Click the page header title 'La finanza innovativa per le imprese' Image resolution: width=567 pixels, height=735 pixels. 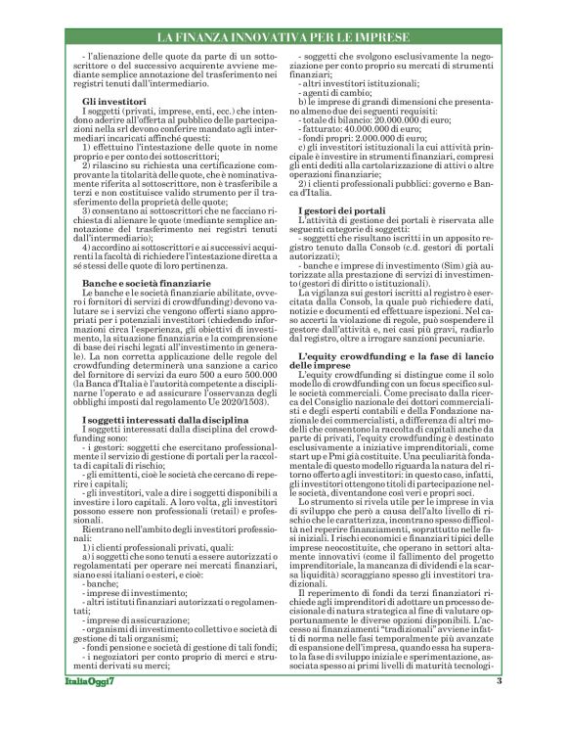click(283, 37)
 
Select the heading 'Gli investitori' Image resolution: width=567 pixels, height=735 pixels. click(115, 101)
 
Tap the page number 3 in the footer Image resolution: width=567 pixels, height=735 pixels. click(499, 709)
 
